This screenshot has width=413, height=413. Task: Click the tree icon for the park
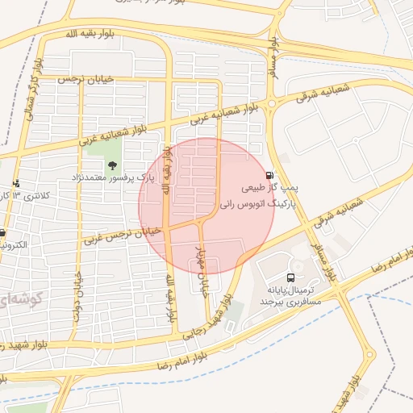pos(111,165)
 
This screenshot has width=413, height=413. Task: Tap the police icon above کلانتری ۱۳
pos(16,184)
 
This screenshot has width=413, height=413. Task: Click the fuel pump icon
pos(269,175)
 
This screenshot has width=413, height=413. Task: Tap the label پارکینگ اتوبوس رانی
pos(257,205)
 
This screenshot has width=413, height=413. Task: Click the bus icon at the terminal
pos(290,277)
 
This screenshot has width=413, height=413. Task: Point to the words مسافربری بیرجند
pos(290,300)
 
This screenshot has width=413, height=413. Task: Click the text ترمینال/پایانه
pos(290,288)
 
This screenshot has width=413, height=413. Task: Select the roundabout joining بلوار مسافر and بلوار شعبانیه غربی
pos(272,102)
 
